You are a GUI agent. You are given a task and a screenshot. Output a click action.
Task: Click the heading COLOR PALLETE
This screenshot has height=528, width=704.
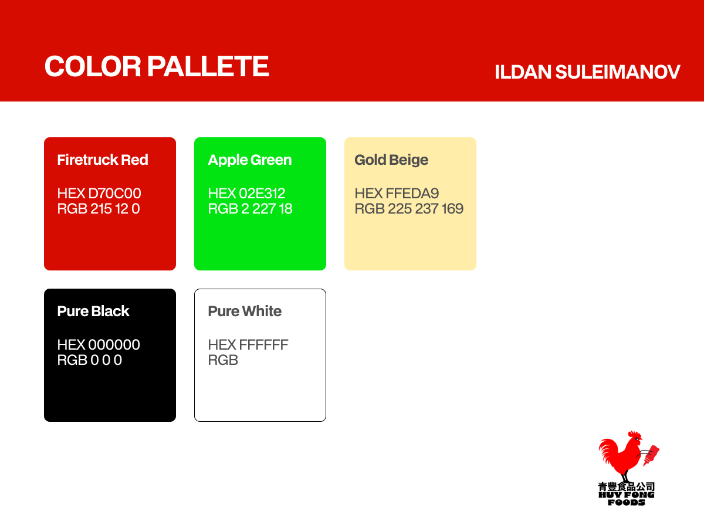click(x=157, y=66)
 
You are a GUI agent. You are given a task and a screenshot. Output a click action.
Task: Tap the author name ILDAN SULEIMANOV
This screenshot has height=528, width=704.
click(x=587, y=72)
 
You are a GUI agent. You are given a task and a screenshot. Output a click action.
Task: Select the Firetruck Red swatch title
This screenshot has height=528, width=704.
click(x=103, y=160)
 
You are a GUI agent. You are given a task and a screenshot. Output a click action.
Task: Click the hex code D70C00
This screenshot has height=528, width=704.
click(x=114, y=194)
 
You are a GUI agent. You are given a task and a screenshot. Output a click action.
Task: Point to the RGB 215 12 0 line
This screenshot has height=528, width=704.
click(x=99, y=209)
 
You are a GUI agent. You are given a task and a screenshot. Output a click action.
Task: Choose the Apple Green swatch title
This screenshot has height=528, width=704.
click(x=250, y=160)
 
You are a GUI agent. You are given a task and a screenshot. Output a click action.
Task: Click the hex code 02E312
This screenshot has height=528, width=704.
click(x=262, y=194)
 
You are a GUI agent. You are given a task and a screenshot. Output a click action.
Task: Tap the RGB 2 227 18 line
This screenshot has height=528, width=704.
click(x=250, y=209)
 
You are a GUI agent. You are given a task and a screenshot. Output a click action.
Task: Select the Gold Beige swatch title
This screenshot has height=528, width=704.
click(x=391, y=160)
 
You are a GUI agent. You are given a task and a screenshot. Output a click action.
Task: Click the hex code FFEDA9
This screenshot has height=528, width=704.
click(x=412, y=194)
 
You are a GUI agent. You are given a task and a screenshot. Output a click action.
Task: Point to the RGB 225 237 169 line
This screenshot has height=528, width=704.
click(x=409, y=209)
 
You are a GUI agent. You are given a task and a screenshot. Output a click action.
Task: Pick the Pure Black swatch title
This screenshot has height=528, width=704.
click(x=93, y=311)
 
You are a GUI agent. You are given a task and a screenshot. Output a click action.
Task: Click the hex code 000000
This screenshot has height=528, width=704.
click(x=114, y=344)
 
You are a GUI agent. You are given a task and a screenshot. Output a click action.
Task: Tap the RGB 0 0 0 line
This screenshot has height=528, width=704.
click(x=90, y=360)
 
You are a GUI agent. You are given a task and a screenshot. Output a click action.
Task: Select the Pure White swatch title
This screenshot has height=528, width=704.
click(x=245, y=311)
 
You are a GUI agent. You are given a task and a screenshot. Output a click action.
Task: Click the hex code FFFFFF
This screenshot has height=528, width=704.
click(x=263, y=344)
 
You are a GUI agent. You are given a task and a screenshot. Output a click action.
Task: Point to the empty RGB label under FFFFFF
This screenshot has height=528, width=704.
click(x=223, y=360)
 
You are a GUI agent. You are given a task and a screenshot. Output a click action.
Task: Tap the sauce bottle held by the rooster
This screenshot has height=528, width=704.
click(x=651, y=455)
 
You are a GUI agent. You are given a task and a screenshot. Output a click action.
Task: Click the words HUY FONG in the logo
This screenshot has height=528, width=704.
click(x=627, y=495)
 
